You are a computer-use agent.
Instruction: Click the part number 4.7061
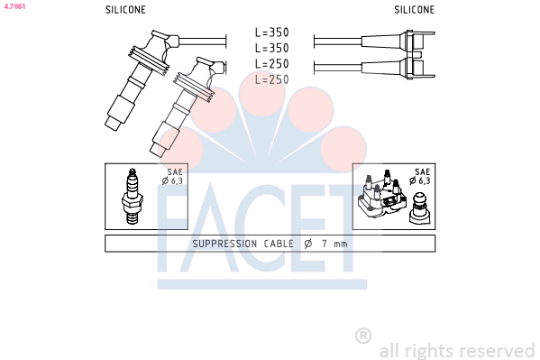click(14, 6)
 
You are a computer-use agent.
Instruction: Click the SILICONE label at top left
click(125, 10)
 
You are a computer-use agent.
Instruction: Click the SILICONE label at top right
click(415, 10)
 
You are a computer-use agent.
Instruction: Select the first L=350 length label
click(271, 32)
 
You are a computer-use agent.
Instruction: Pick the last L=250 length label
click(271, 79)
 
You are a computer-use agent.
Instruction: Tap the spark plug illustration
click(133, 196)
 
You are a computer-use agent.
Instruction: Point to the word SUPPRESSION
click(224, 244)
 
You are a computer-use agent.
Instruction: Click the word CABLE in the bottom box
click(279, 244)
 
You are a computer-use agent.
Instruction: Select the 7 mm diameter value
click(334, 244)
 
